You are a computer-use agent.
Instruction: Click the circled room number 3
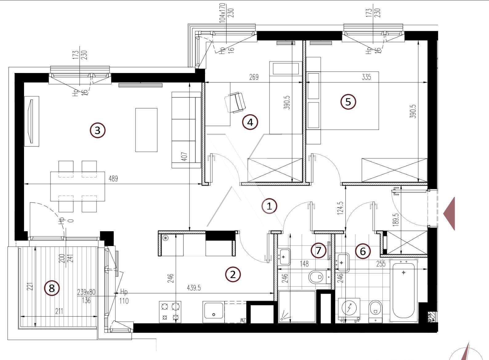(98, 131)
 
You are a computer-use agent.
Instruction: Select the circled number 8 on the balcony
(52, 288)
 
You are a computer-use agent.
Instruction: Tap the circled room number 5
(348, 102)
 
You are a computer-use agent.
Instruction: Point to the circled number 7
(318, 250)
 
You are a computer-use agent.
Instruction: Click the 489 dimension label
(113, 179)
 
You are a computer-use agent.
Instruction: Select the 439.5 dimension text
(194, 288)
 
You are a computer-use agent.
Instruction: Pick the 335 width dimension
(366, 77)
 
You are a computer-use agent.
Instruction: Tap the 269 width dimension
(254, 77)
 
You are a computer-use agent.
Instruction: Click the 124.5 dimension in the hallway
(340, 208)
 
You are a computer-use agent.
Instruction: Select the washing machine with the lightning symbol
(349, 309)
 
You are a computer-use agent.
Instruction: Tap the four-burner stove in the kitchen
(170, 312)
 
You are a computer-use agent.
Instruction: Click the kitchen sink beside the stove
(213, 312)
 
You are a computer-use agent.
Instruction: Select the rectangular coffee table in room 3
(146, 130)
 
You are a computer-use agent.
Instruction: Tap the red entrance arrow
(449, 213)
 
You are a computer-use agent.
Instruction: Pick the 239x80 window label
(86, 292)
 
